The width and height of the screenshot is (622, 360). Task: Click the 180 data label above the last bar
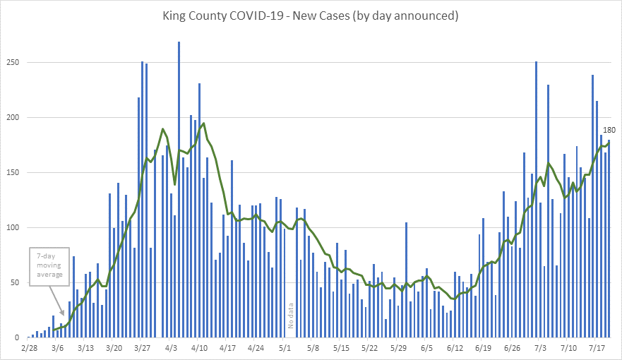pos(609,130)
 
